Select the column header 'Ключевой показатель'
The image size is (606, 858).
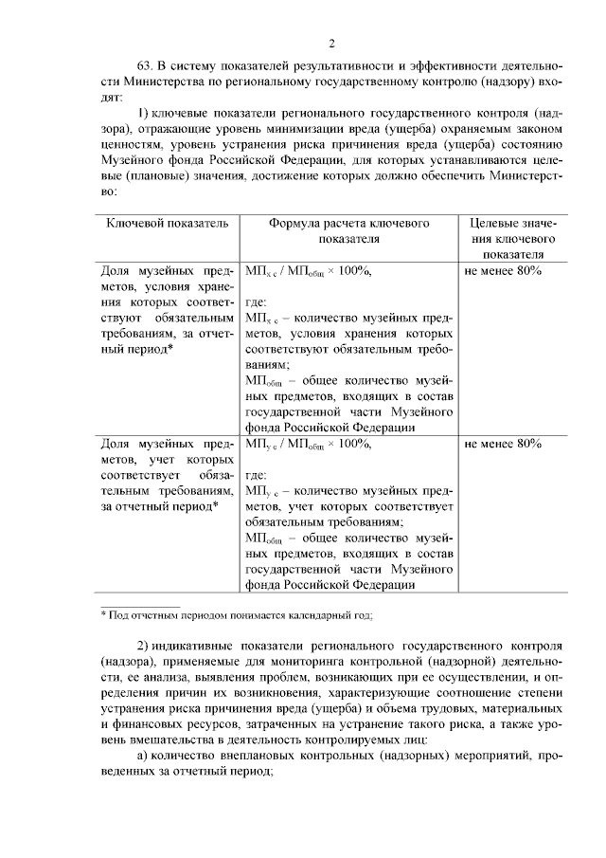pos(167,223)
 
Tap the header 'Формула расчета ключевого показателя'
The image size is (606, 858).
pos(348,230)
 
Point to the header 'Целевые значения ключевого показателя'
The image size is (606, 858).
pos(512,238)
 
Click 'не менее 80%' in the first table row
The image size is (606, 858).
pos(503,271)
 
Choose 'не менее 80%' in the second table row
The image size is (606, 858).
pos(503,443)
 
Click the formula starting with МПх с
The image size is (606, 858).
pos(308,271)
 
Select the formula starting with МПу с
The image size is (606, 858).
pos(308,443)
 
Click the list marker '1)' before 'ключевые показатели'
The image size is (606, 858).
pos(145,112)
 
